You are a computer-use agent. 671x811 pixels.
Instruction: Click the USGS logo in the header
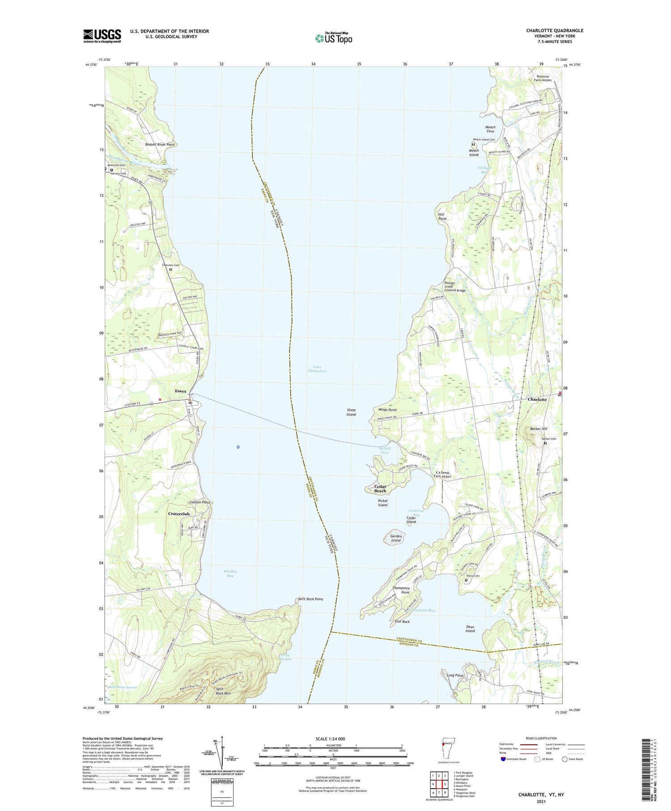point(102,36)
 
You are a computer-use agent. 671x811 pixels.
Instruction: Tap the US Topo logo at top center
point(333,38)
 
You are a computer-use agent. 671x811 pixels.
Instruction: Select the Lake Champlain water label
point(317,369)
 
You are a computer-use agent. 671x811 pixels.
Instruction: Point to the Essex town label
point(180,391)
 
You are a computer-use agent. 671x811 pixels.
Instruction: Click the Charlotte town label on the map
point(537,399)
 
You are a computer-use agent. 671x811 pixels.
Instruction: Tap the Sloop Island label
point(351,412)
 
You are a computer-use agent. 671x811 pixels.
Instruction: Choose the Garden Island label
point(396,538)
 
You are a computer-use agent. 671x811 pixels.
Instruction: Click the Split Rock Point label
point(310,599)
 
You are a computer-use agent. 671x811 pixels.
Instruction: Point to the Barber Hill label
point(539,429)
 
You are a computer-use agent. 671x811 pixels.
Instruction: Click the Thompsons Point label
point(401,590)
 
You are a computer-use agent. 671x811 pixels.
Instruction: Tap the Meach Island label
point(473,153)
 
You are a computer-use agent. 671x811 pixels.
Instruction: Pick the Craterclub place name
point(179,514)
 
